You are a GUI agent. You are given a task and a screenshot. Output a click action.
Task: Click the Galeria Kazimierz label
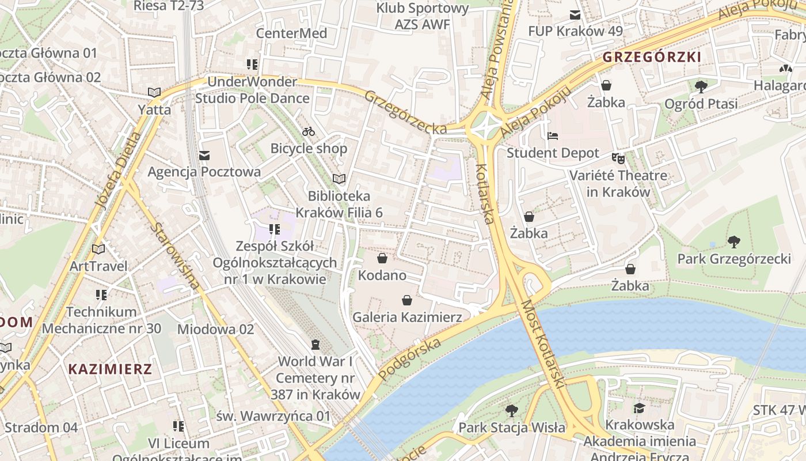407,317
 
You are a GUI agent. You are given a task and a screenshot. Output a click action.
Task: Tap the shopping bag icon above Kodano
382,258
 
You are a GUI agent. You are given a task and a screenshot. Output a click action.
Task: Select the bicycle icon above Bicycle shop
309,131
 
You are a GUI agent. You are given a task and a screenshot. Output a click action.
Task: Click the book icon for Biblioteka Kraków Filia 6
339,179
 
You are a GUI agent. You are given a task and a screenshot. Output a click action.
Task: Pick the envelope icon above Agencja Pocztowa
204,156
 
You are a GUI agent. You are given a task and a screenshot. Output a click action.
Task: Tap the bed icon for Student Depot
553,137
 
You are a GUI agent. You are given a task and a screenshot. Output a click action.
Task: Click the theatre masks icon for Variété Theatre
618,158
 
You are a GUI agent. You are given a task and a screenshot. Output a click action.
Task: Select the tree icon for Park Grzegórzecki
733,241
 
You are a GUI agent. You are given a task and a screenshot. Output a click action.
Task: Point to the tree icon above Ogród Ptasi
701,87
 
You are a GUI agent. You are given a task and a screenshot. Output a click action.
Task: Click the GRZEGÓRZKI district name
652,57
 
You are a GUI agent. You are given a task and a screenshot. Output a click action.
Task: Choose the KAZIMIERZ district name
111,369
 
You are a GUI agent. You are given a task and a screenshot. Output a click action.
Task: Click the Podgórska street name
410,360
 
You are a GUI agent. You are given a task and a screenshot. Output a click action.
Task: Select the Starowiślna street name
176,255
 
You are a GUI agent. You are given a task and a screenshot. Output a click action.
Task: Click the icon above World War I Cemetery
315,345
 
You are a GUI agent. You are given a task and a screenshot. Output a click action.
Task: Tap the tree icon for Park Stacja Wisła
511,411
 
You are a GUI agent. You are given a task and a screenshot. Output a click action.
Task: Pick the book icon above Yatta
154,92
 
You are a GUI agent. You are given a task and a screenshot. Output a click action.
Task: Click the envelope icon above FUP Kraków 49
575,14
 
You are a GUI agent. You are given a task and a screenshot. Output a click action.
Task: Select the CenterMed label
291,33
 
